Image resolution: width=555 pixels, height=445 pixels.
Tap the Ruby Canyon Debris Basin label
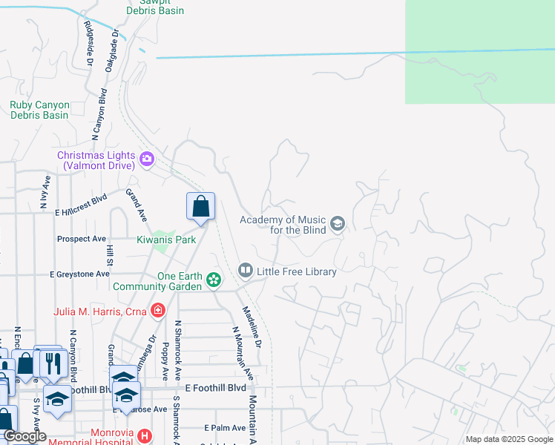(x=39, y=110)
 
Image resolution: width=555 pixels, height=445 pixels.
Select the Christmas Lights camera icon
(x=147, y=158)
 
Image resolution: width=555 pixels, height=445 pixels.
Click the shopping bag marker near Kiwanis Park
(x=201, y=207)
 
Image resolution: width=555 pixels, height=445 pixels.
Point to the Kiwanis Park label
(x=166, y=240)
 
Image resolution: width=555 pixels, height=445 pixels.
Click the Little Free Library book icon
(x=246, y=271)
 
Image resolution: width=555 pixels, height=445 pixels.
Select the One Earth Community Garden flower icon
(x=214, y=280)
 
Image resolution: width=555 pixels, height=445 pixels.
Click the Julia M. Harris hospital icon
(x=157, y=311)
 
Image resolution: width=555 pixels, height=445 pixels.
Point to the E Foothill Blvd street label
(x=215, y=388)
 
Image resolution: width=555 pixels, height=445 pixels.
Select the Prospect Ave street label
(x=82, y=239)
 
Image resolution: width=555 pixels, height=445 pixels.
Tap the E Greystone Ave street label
(x=80, y=274)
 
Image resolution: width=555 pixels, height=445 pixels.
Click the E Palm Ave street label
(x=225, y=428)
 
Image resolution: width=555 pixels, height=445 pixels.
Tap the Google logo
(x=24, y=436)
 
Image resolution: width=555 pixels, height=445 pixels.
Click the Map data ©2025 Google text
(x=508, y=439)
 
